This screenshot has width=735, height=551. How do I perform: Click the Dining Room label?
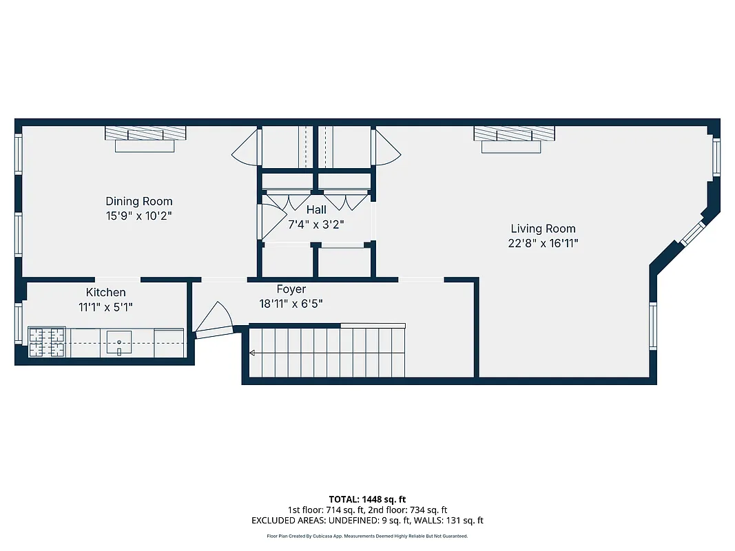pos(138,201)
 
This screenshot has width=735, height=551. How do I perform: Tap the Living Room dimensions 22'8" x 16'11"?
pos(544,242)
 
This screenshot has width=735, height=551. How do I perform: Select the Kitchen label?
pos(105,293)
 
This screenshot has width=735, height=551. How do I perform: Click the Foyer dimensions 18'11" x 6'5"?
pos(291,303)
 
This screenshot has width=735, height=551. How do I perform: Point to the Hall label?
pos(316,209)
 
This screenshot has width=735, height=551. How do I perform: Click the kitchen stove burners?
pos(47,342)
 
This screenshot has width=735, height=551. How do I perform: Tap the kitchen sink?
pos(119,342)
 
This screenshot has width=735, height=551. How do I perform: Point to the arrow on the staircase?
pos(252,353)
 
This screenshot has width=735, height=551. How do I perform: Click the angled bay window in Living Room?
pos(690,233)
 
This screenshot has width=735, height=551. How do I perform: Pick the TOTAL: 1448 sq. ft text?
pos(367,499)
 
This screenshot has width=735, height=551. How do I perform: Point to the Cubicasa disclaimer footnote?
pos(367,536)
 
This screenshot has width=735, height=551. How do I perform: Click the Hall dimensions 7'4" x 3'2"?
pos(315,224)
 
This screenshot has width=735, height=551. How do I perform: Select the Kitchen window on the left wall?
pos(19,323)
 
